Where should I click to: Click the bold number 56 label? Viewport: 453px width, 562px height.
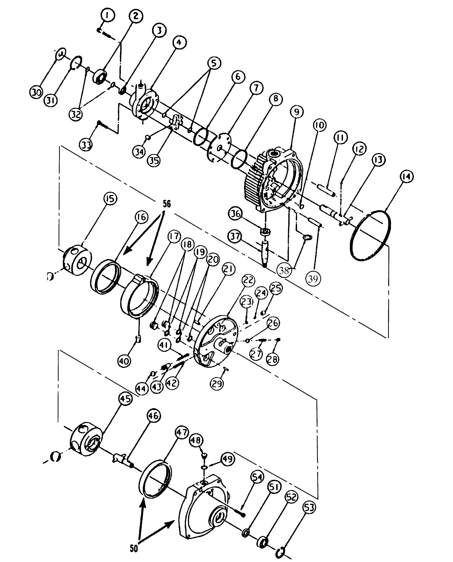[x=166, y=204]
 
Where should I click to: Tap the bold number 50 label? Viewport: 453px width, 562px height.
[x=134, y=548]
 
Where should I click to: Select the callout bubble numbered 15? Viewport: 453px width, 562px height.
[x=110, y=199]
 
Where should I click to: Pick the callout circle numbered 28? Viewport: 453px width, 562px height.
[x=272, y=359]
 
